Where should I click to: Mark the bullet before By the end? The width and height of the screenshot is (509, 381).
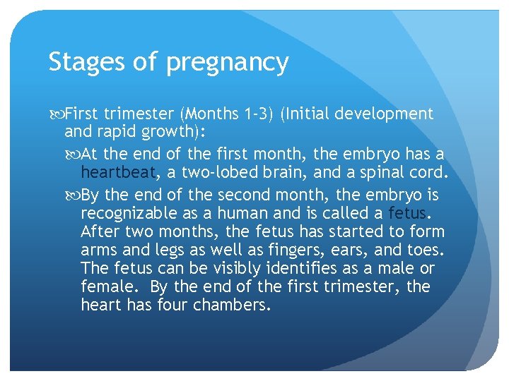point(76,194)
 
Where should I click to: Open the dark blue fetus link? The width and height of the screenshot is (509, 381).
point(410,212)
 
